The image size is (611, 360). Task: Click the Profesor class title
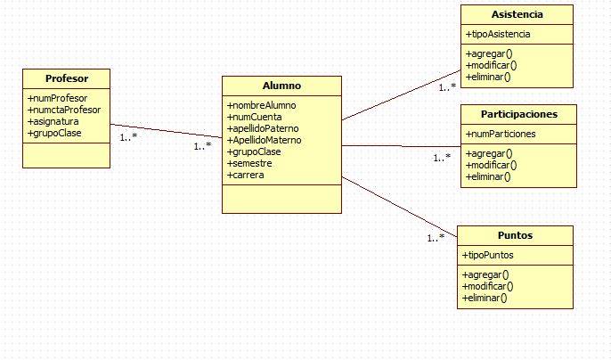point(66,78)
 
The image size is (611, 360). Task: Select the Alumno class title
point(281,86)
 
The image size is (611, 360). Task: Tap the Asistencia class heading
point(517,15)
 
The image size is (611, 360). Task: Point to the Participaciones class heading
point(518,114)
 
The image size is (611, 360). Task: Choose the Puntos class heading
point(516,235)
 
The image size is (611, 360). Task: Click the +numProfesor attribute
point(58,98)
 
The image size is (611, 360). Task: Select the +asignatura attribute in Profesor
point(54,121)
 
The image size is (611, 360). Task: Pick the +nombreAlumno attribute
point(263,105)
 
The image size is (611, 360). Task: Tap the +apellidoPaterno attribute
point(265,128)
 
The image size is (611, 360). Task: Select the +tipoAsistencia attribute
point(498,34)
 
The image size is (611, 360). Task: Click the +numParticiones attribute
point(501,134)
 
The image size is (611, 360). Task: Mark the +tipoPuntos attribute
point(489,255)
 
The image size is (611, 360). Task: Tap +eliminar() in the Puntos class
point(485,298)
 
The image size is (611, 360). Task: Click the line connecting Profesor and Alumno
point(166,132)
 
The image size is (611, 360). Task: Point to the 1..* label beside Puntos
point(436,238)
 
